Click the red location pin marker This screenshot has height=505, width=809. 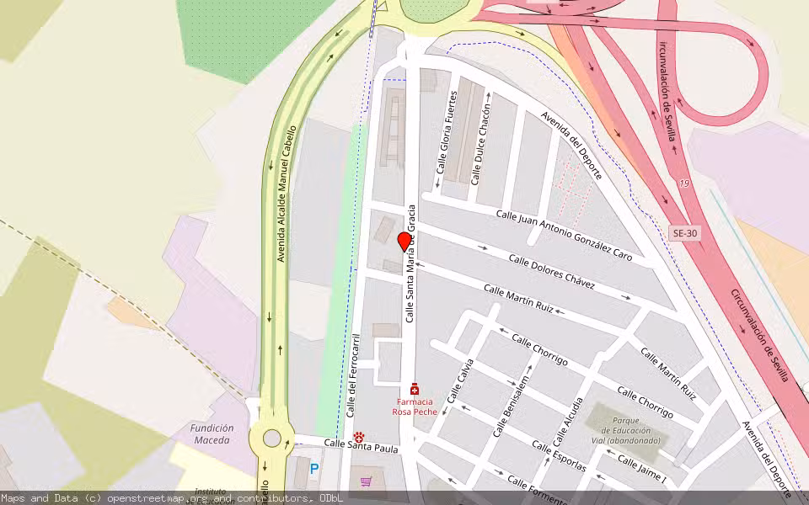tap(404, 242)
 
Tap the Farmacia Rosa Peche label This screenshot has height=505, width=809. tap(414, 407)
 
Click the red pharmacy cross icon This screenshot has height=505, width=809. tap(414, 389)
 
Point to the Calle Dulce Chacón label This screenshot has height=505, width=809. tap(480, 139)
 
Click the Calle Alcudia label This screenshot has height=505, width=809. tap(567, 423)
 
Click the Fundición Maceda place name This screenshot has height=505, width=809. tap(212, 433)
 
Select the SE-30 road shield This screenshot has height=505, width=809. tap(685, 233)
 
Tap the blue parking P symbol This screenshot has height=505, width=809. tap(313, 469)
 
